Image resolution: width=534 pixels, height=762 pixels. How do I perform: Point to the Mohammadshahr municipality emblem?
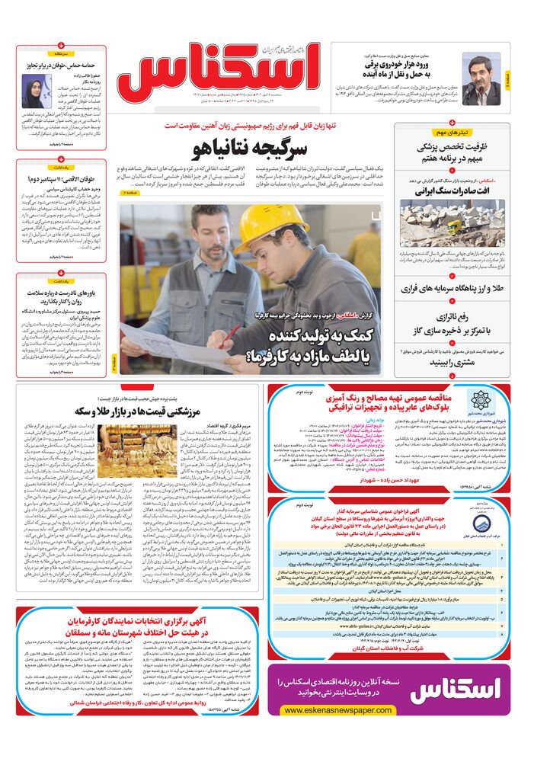click(480, 402)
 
